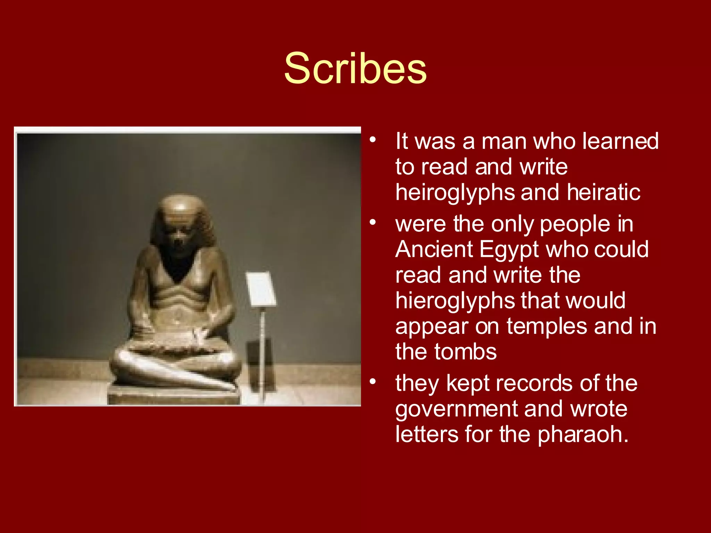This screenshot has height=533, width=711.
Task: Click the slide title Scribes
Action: tap(355, 68)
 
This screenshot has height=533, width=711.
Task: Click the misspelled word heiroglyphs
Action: tap(455, 193)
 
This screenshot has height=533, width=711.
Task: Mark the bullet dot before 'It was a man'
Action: tap(373, 140)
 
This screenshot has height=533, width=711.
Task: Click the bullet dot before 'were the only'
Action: tap(373, 222)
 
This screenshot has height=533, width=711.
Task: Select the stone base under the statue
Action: tap(174, 396)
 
